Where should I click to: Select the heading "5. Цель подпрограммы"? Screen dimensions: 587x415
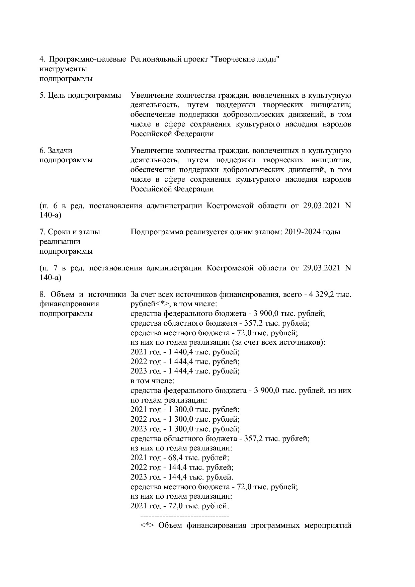click(x=80, y=95)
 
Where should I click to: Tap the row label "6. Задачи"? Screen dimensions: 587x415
click(x=56, y=150)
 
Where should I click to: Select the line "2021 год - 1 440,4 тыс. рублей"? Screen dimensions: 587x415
click(x=185, y=352)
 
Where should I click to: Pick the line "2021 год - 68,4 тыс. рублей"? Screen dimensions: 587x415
click(x=180, y=458)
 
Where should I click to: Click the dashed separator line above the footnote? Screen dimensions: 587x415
click(x=185, y=515)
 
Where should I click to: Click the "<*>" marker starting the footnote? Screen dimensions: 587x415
click(x=147, y=525)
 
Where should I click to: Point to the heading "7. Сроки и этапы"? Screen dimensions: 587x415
click(x=70, y=232)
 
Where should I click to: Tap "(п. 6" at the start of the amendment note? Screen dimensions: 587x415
click(x=49, y=205)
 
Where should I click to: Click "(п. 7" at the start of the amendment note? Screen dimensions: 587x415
click(x=49, y=268)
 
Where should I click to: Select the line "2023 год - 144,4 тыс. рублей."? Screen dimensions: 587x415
click(x=182, y=477)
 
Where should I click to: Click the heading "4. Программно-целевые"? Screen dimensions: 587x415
click(x=83, y=59)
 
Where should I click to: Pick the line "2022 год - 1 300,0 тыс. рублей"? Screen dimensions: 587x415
click(x=185, y=419)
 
